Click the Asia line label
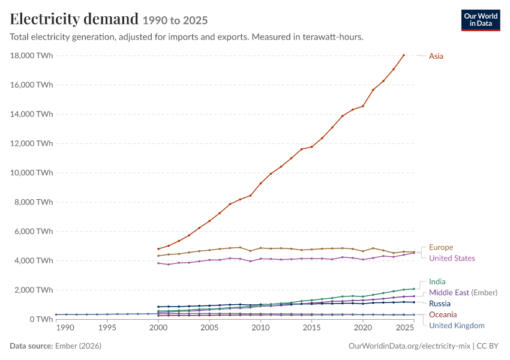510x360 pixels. point(436,56)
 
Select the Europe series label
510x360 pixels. point(441,247)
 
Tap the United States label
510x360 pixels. point(452,258)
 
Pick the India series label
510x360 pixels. point(437,281)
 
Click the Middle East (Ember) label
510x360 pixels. point(463,293)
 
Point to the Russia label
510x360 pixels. point(440,304)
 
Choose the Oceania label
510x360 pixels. point(443,314)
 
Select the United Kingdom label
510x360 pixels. point(457,326)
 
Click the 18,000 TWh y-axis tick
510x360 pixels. point(31,56)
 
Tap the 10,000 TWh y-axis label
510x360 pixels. point(31,173)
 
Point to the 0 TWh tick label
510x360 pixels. point(41,319)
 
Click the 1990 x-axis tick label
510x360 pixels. point(65,328)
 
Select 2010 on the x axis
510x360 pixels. point(260,328)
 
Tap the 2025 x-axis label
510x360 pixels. point(405,328)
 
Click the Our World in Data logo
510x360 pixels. point(481,20)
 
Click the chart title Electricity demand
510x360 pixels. point(74,19)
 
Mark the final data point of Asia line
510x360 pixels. point(404,55)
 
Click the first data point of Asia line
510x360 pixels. point(158,249)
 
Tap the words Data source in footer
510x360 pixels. point(31,346)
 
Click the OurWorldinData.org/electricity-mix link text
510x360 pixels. point(409,346)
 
